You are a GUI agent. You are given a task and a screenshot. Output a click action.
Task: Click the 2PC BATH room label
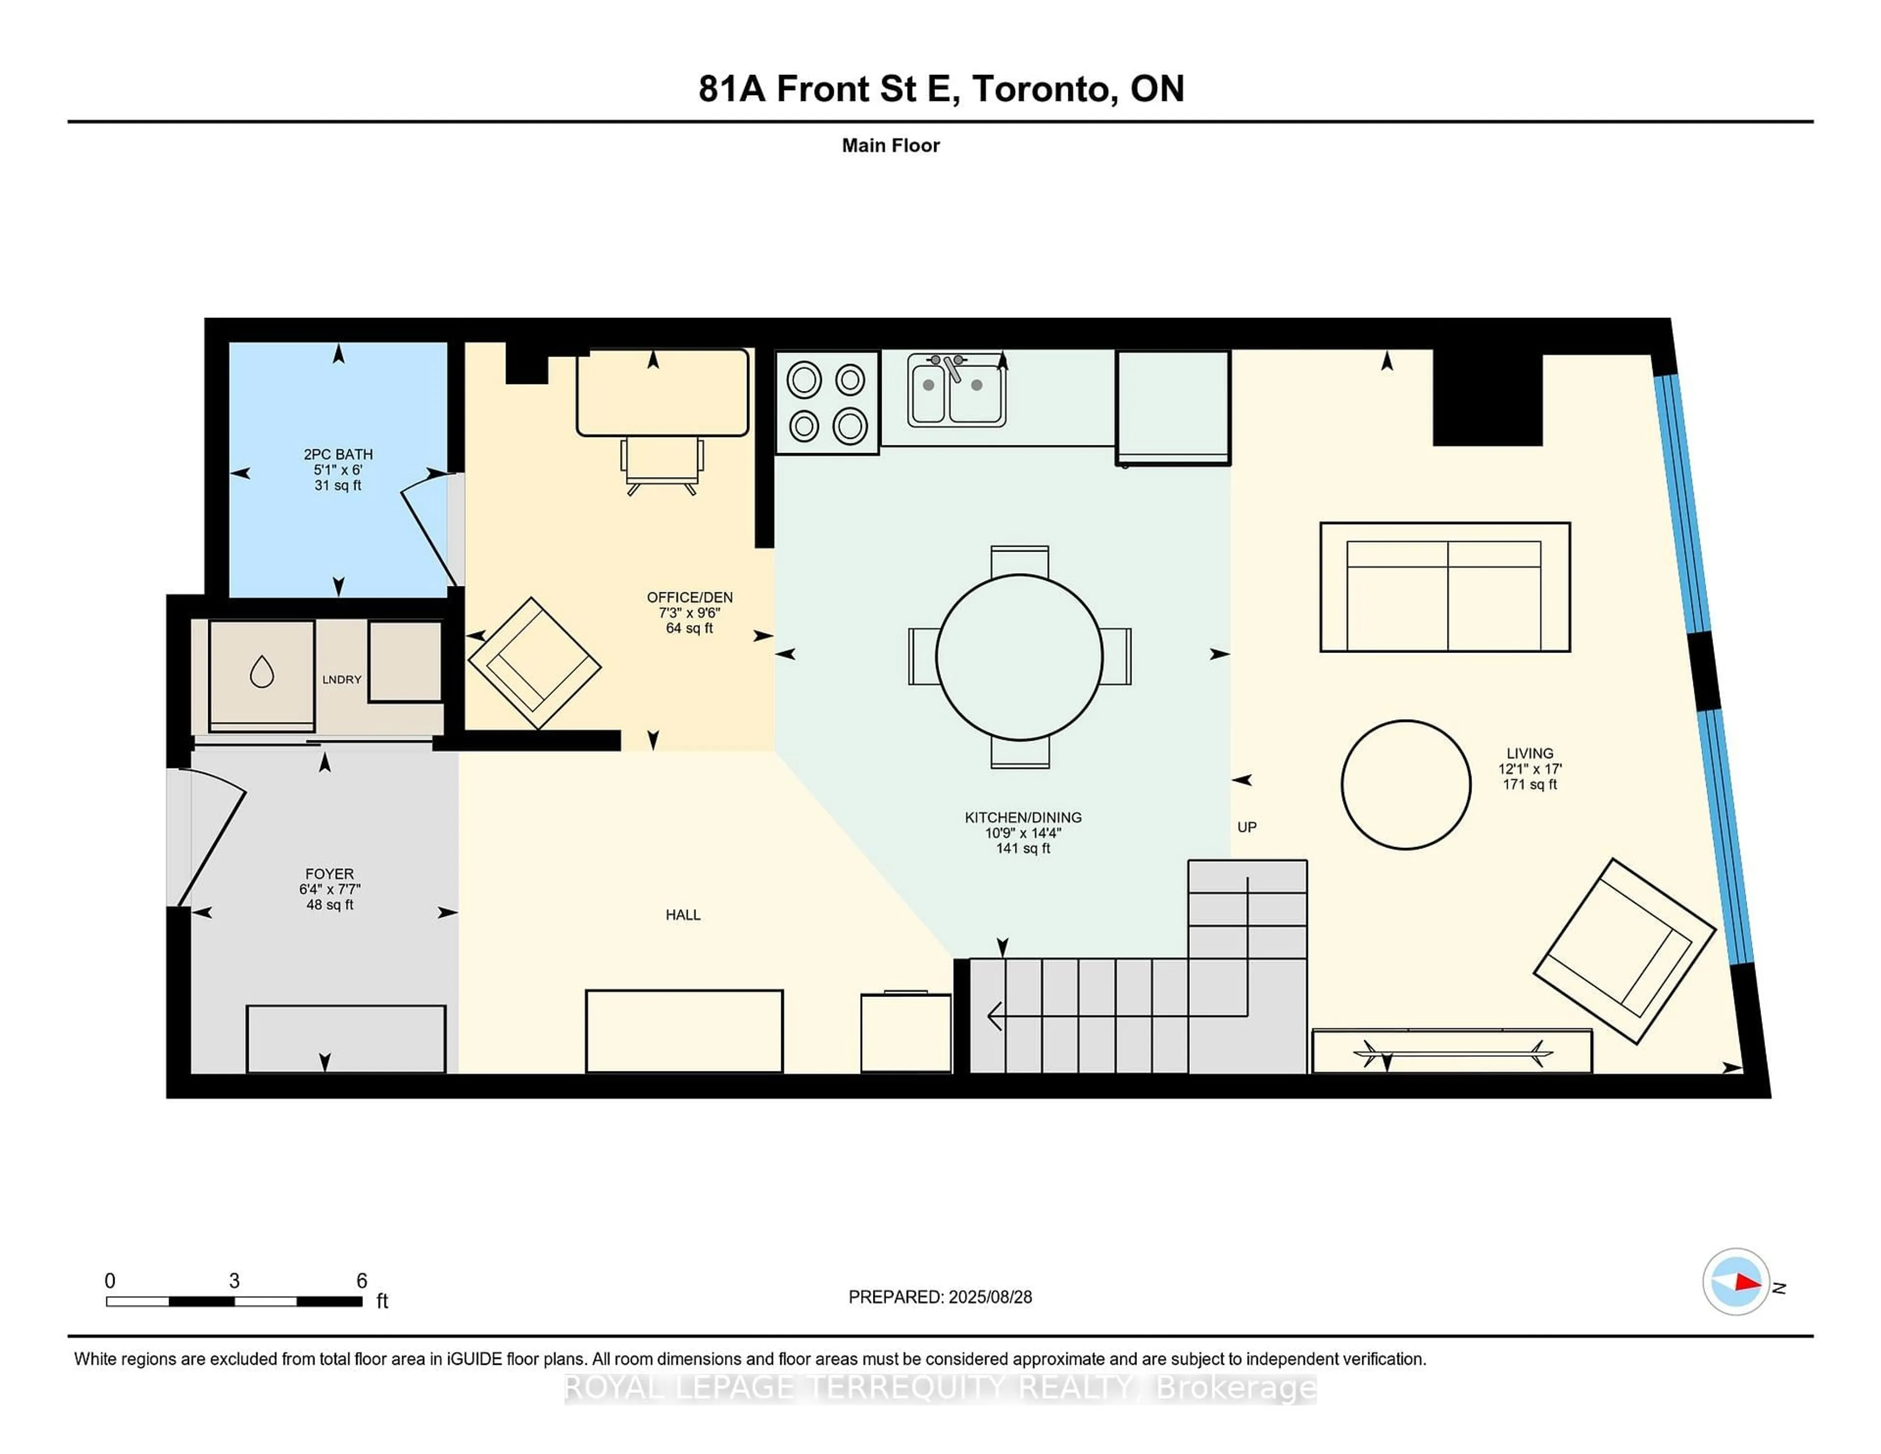pyautogui.click(x=338, y=454)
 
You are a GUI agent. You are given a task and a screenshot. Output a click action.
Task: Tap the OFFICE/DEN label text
pyautogui.click(x=689, y=597)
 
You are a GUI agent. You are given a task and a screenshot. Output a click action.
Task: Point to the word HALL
pyautogui.click(x=682, y=915)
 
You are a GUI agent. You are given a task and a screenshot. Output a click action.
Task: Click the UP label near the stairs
pyautogui.click(x=1246, y=827)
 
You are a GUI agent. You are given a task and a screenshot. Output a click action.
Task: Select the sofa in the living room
pyautogui.click(x=1445, y=586)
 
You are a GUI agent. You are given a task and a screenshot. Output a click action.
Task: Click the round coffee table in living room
pyautogui.click(x=1405, y=785)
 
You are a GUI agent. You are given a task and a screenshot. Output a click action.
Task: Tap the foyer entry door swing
pyautogui.click(x=211, y=840)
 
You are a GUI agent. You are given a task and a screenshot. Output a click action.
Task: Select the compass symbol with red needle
pyautogui.click(x=1736, y=1282)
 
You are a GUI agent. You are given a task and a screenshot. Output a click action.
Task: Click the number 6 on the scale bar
pyautogui.click(x=362, y=1281)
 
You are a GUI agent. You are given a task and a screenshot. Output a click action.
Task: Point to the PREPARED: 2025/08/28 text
pyautogui.click(x=940, y=1297)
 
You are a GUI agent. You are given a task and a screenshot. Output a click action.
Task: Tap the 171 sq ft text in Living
pyautogui.click(x=1530, y=784)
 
